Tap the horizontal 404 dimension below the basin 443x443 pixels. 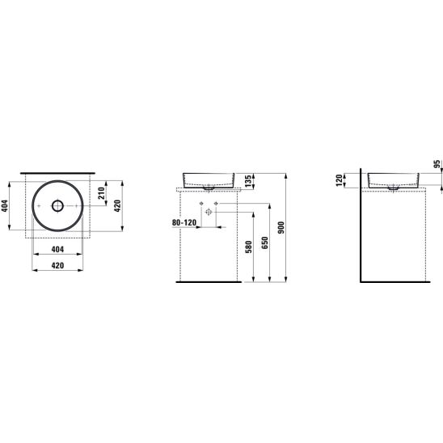click(57, 249)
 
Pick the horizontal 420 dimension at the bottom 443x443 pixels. click(57, 266)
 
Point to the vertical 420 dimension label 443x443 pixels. click(117, 205)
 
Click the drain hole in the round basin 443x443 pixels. click(57, 205)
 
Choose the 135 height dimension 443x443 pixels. click(247, 181)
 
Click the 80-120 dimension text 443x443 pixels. click(184, 222)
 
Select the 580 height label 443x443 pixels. click(249, 247)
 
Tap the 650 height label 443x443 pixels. click(265, 243)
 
